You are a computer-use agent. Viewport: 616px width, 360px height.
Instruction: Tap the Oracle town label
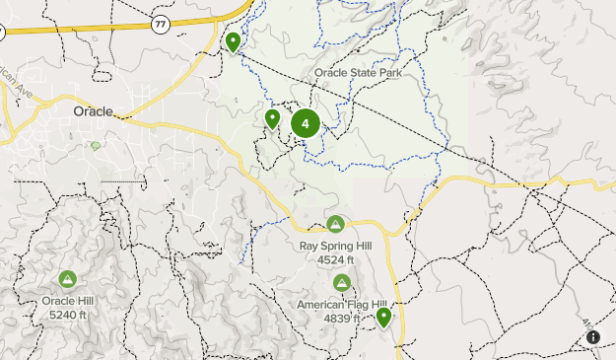(x=93, y=111)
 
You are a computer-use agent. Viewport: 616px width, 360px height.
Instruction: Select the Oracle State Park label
(x=360, y=73)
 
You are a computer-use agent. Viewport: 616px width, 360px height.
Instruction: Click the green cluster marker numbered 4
(x=306, y=123)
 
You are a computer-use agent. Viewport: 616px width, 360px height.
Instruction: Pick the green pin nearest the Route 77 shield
(x=233, y=42)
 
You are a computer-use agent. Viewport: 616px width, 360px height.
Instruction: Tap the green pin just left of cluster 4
(x=273, y=119)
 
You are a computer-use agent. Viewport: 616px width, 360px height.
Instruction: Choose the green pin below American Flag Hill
(x=383, y=317)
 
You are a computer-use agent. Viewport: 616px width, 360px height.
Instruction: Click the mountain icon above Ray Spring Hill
(x=336, y=224)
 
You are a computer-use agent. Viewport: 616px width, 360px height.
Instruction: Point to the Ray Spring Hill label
(x=335, y=246)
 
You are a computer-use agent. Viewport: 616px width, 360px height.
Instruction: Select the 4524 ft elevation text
(x=335, y=259)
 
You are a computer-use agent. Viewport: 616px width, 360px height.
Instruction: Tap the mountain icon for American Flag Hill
(x=341, y=283)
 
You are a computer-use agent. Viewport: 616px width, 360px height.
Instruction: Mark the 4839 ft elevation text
(x=341, y=319)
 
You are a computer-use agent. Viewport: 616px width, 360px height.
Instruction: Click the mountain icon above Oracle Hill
(x=67, y=279)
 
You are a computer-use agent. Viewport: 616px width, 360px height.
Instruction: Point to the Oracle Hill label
(x=66, y=301)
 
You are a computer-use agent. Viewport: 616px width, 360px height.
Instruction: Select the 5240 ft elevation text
(x=66, y=315)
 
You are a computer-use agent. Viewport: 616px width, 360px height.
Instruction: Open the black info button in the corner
(x=593, y=337)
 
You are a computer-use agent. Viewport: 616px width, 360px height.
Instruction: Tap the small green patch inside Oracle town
(x=96, y=146)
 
